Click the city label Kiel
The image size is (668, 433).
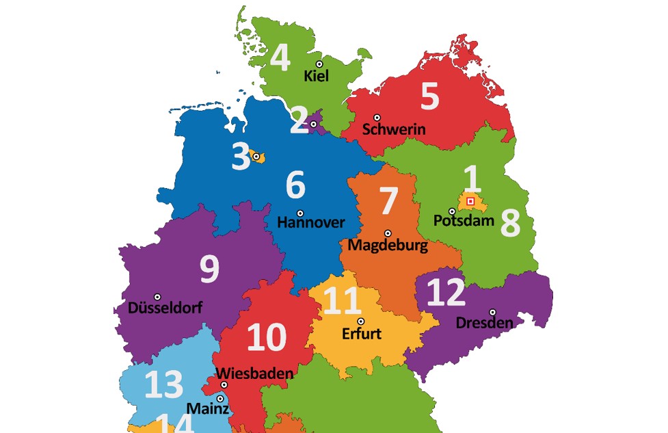tap(316, 76)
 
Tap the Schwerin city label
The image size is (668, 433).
tap(394, 129)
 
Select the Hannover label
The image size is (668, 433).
tap(311, 223)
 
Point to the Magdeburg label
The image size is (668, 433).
tap(388, 245)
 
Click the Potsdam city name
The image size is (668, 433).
tap(464, 221)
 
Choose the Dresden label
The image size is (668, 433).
tap(484, 323)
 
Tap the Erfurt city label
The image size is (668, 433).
tap(361, 334)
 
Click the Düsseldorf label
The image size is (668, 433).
tap(165, 308)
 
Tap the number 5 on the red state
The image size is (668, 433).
tap(429, 97)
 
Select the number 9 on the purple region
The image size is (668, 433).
tap(209, 270)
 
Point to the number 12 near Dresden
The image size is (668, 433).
tap(446, 293)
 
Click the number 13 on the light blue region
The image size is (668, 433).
tap(164, 385)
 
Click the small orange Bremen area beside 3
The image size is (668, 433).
tap(259, 158)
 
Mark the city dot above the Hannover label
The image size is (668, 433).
tap(300, 213)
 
